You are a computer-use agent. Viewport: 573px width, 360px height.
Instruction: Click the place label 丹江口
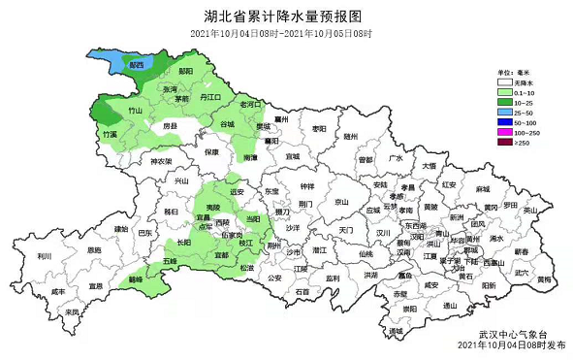(210, 98)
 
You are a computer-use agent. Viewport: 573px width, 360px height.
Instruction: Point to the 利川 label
(44, 255)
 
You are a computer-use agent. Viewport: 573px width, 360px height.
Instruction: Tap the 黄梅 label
(544, 279)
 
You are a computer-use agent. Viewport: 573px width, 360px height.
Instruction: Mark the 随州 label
(350, 138)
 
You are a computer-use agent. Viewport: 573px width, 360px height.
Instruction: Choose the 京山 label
(340, 202)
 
